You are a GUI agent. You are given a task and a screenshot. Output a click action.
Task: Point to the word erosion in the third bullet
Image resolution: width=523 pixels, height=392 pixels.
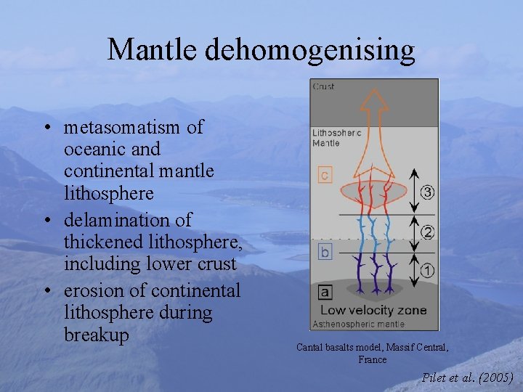click(91, 290)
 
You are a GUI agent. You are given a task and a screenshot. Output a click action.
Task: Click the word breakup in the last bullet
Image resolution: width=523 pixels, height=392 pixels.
click(96, 335)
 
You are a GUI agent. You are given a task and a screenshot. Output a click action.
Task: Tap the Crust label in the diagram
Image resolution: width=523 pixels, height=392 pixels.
click(324, 87)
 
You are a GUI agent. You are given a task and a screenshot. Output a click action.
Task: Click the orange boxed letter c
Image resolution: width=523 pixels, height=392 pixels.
click(325, 175)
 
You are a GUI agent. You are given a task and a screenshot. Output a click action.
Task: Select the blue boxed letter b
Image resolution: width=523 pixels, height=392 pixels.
click(325, 252)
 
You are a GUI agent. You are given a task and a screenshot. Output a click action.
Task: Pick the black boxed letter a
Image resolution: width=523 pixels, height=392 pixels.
click(325, 292)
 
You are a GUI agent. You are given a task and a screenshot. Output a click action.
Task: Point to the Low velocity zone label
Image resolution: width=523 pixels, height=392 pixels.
click(373, 311)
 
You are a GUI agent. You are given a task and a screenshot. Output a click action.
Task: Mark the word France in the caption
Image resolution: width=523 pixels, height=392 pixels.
click(372, 359)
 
